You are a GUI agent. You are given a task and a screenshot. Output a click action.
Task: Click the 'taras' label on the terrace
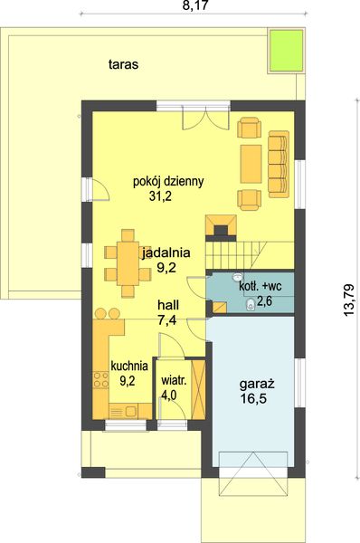point(123,64)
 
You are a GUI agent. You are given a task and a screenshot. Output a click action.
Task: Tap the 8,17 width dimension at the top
point(195,5)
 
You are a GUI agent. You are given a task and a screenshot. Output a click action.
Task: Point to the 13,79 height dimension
point(349,300)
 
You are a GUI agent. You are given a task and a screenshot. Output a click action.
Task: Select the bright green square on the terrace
point(286,51)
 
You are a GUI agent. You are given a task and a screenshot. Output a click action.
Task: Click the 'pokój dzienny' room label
point(168,182)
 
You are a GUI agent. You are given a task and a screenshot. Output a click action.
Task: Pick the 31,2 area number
point(161,196)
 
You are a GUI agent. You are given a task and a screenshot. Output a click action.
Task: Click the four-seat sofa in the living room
point(279,164)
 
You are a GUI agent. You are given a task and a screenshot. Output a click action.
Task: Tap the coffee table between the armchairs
point(251,164)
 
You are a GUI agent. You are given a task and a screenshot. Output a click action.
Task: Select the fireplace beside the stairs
point(222,227)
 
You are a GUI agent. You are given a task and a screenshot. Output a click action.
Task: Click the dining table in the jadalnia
point(128,263)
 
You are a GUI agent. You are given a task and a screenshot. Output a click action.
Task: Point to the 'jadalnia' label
point(166,252)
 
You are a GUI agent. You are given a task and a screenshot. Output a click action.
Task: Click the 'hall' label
point(168,305)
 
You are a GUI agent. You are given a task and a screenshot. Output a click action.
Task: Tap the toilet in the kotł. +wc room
point(250,305)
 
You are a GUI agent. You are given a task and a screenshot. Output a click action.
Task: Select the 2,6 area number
point(265,301)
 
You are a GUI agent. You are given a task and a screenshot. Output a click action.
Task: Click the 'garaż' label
point(257,384)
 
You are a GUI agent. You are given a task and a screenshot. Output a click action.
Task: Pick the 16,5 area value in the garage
point(254,399)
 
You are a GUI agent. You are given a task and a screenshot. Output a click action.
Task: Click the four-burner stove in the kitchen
point(100,379)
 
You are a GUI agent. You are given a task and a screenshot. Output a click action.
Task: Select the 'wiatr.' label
point(174,380)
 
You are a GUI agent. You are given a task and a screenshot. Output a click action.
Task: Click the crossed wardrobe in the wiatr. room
point(198,389)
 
